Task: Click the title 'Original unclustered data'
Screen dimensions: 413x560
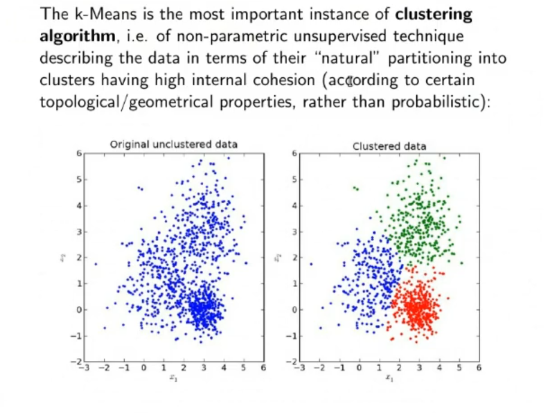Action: pyautogui.click(x=174, y=144)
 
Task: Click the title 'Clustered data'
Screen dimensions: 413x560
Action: pyautogui.click(x=389, y=146)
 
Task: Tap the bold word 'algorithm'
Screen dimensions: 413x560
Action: pyautogui.click(x=77, y=37)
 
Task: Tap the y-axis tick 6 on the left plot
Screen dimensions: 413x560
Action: pyautogui.click(x=77, y=154)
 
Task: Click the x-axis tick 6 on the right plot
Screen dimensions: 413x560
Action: pyautogui.click(x=478, y=367)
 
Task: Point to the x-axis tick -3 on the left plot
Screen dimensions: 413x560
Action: pyautogui.click(x=84, y=367)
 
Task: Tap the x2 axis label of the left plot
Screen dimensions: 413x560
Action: pyautogui.click(x=62, y=258)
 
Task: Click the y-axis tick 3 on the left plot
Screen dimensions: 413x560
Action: pyautogui.click(x=77, y=231)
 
